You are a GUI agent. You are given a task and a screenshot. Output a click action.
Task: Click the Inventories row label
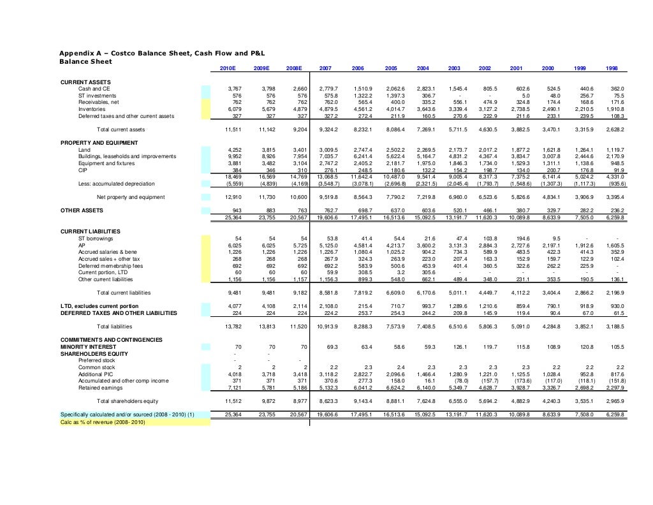(x=92, y=109)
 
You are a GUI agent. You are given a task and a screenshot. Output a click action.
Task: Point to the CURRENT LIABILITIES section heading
(x=90, y=231)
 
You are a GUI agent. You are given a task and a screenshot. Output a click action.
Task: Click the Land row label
(x=84, y=150)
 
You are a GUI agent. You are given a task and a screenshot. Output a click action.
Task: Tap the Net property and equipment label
(x=130, y=197)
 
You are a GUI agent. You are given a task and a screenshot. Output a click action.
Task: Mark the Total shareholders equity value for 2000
(x=552, y=401)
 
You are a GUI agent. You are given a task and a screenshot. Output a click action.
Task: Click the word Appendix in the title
(x=73, y=52)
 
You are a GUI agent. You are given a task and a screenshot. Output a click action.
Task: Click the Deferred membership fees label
(x=110, y=265)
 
